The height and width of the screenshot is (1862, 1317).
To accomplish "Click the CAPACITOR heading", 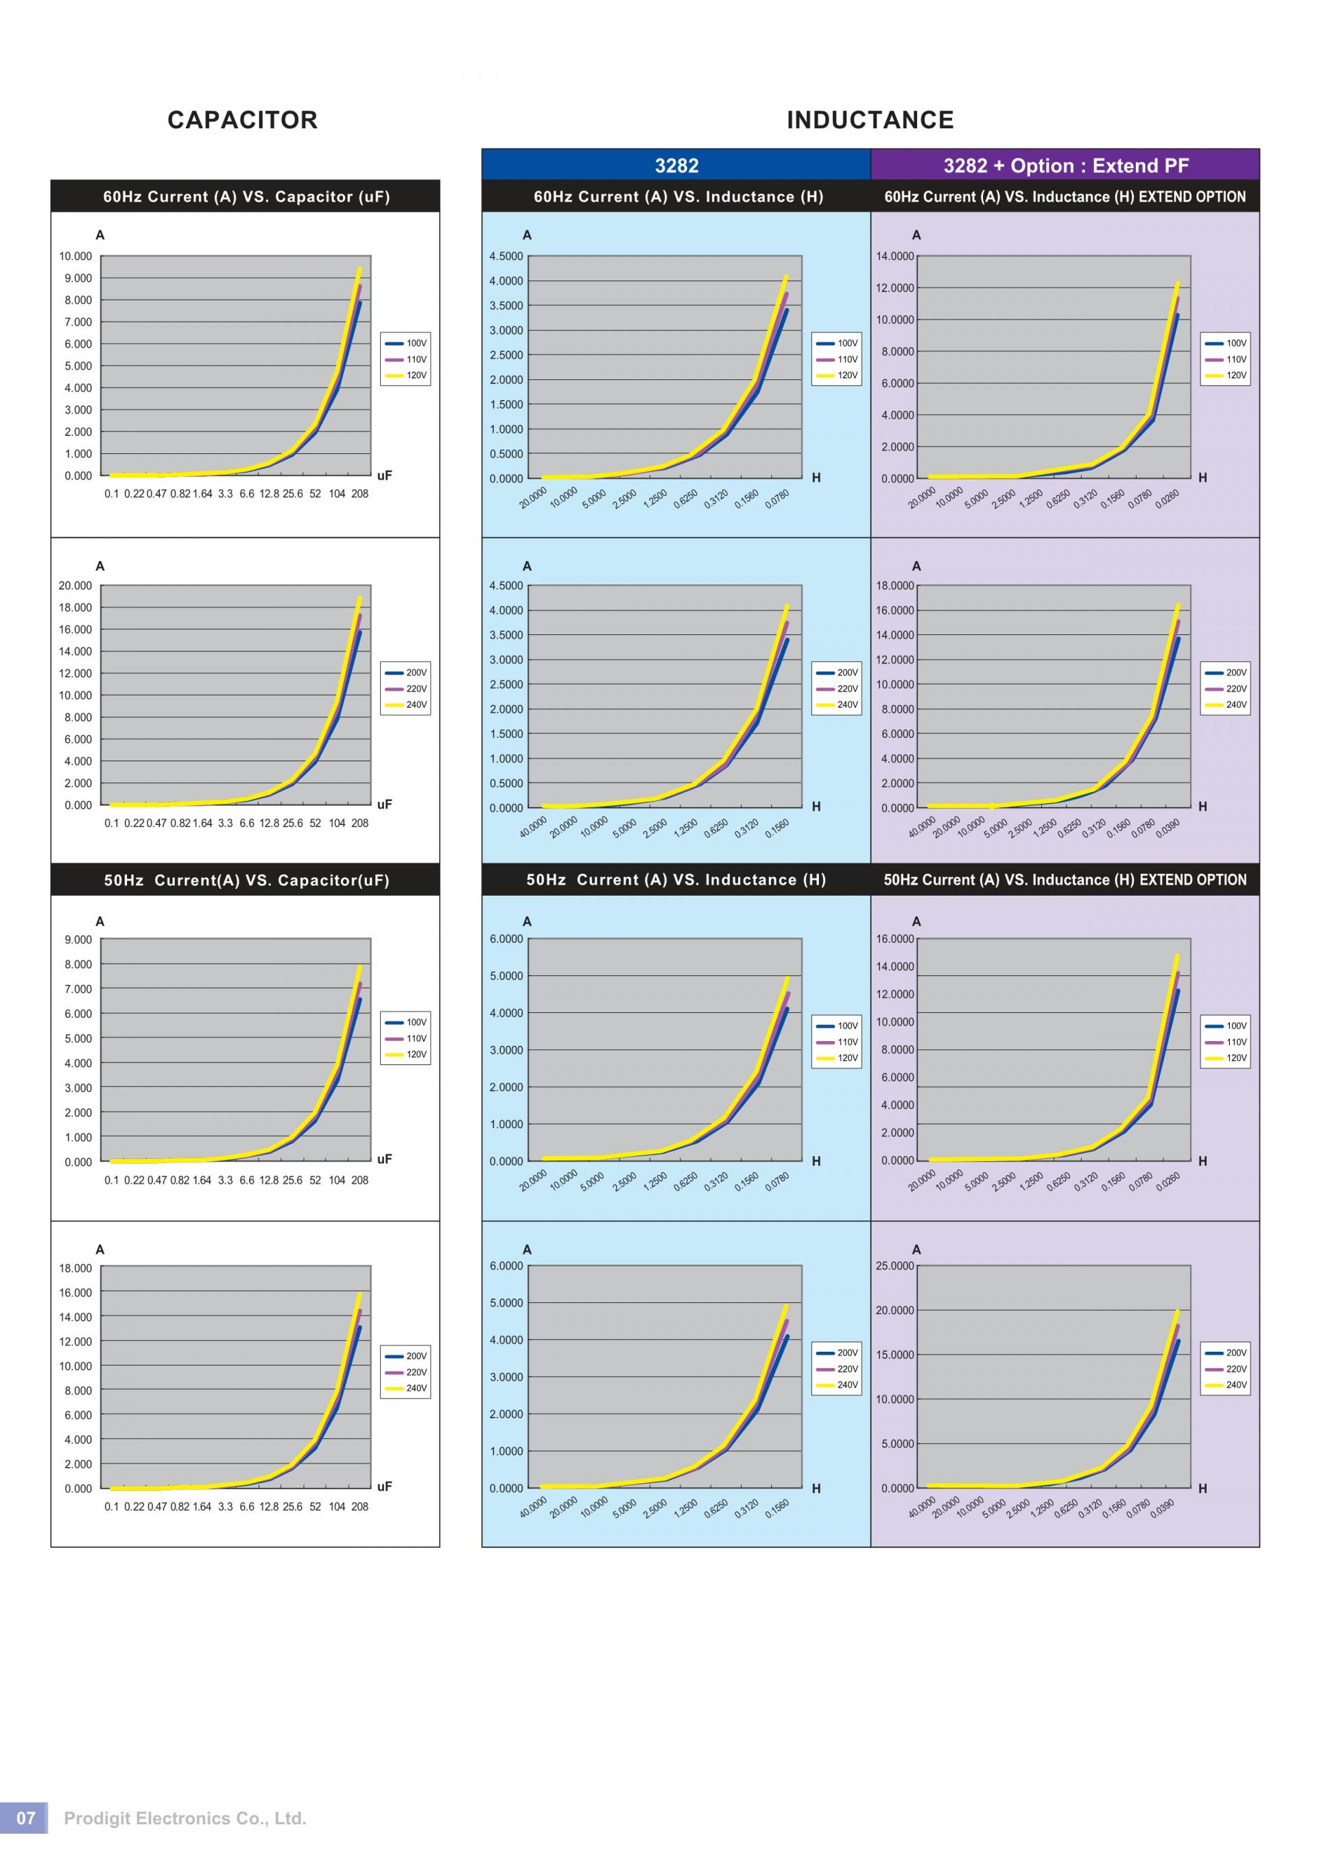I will coord(242,120).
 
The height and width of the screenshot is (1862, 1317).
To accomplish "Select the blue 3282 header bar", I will coord(676,165).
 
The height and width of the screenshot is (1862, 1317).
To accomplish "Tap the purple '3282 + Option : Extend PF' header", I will coord(1065,165).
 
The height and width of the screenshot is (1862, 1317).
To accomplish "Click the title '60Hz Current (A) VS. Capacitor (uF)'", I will coord(246,197).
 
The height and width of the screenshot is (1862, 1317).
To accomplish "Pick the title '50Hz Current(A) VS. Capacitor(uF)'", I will coord(246,881).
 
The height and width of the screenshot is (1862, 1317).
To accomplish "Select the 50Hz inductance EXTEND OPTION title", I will coord(1065,880).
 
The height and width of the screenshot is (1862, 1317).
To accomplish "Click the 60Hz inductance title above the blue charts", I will coord(678,197).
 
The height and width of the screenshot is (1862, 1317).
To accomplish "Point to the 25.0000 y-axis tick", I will coord(897,1266).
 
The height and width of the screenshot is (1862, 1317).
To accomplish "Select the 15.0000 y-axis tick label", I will coord(897,1355).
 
